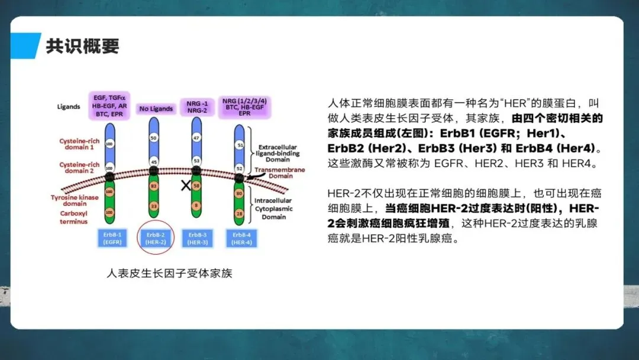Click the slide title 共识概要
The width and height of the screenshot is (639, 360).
coord(83,46)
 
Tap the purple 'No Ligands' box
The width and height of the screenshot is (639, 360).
coord(156,108)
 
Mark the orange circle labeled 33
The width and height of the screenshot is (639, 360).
coord(154,206)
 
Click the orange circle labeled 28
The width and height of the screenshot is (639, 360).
coord(239,213)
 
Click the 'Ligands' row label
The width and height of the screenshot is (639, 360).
coord(69,107)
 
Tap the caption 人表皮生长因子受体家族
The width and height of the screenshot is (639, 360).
coord(169,274)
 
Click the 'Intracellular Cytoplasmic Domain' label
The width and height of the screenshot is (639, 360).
coord(274,208)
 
